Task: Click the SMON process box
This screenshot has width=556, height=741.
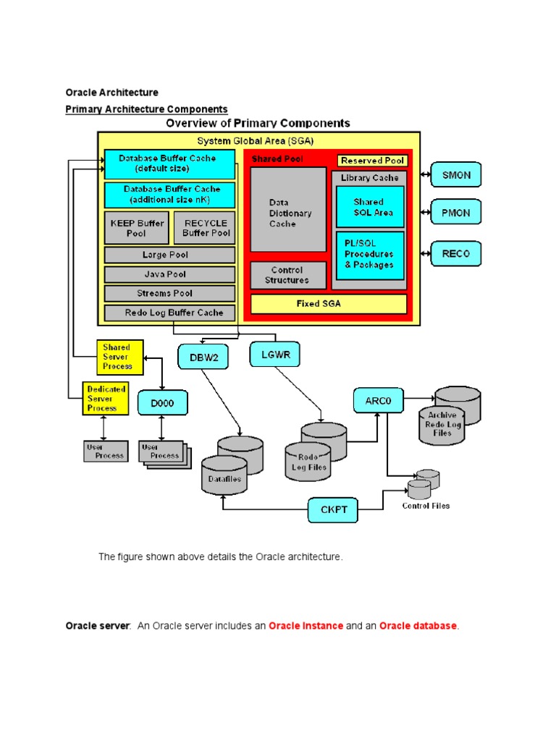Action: click(456, 175)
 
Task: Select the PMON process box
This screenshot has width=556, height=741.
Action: click(456, 212)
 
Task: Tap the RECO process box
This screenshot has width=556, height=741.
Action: click(456, 254)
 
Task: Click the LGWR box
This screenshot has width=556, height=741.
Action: click(275, 355)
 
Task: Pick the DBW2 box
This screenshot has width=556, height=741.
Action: click(203, 357)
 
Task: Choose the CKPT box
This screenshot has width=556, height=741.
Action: click(333, 510)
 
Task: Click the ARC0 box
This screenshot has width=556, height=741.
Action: click(379, 401)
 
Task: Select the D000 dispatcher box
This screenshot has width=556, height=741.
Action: click(163, 403)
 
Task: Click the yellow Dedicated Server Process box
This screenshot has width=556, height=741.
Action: click(106, 399)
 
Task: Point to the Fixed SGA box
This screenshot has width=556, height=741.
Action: click(329, 304)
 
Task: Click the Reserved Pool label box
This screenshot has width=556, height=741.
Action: click(373, 161)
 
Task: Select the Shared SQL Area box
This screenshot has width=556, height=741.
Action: click(370, 207)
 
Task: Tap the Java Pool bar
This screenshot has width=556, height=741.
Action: click(169, 274)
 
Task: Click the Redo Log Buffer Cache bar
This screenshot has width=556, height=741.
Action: click(169, 313)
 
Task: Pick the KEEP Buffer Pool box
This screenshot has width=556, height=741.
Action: click(136, 228)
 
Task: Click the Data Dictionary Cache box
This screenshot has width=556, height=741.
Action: click(288, 210)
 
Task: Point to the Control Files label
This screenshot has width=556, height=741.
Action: click(426, 506)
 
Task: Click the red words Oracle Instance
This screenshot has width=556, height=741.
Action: click(306, 626)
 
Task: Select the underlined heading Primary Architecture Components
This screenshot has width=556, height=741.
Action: click(146, 109)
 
